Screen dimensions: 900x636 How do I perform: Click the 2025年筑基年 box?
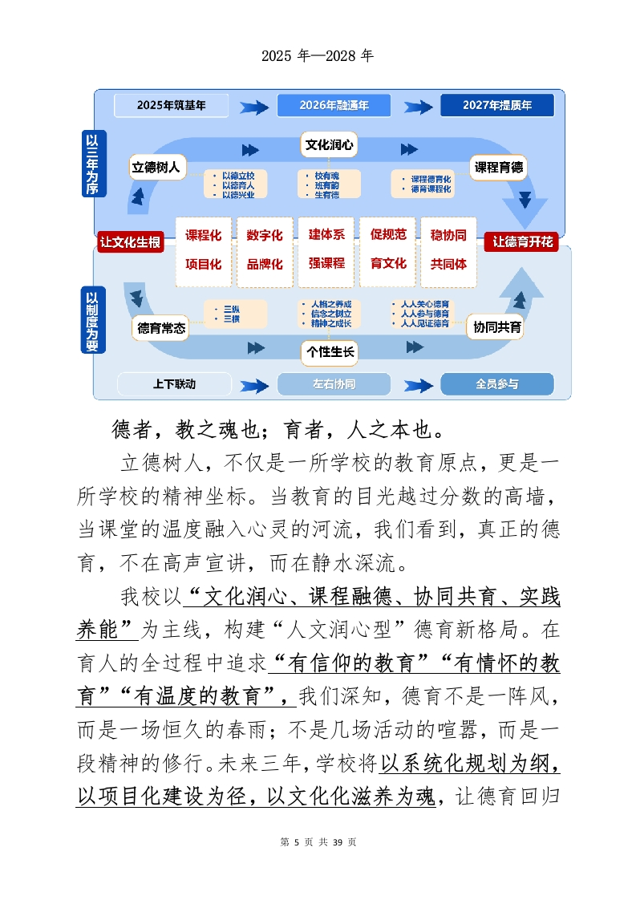[171, 105]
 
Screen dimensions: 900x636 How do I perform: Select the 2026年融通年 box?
[334, 105]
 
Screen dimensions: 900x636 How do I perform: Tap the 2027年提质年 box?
[496, 105]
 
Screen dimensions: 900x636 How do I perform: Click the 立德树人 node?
[158, 168]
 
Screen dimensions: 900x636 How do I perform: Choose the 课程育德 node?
[498, 168]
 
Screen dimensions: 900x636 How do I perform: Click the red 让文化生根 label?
[130, 241]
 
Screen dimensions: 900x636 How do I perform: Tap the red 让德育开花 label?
[523, 241]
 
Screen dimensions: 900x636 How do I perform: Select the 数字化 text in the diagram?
[265, 235]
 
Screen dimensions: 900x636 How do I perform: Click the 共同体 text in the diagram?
[448, 263]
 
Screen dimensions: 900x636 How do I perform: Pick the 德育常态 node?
[161, 327]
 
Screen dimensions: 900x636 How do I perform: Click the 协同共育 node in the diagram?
[497, 327]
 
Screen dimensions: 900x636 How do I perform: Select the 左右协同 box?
[334, 384]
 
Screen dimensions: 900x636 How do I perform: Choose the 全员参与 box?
[496, 384]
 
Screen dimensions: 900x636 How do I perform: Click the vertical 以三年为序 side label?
[93, 164]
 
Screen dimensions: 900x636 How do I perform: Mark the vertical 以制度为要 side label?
[93, 321]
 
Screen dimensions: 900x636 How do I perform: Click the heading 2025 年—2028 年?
[318, 56]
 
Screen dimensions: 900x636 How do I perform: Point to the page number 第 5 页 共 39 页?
[318, 841]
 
